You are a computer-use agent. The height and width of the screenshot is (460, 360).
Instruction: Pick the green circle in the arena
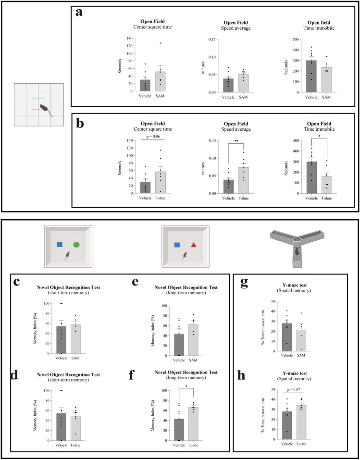[x=76, y=245]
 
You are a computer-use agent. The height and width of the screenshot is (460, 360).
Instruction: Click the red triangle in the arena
[x=193, y=245]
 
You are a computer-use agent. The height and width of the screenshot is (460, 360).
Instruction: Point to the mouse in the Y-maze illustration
[x=298, y=251]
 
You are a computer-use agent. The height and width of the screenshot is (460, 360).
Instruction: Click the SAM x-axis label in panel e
[x=195, y=361]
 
